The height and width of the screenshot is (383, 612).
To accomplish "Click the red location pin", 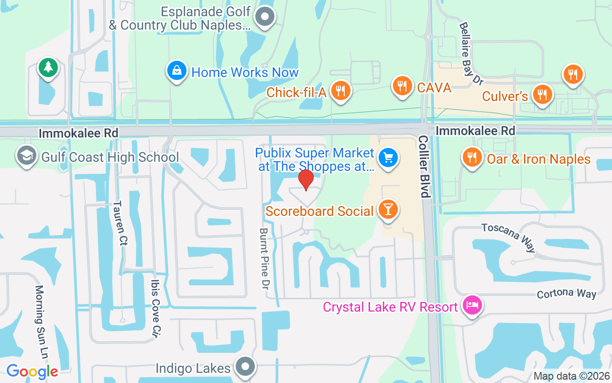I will (306, 180).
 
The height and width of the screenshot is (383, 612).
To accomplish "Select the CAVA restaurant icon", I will (403, 86).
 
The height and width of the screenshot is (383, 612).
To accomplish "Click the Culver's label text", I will (504, 96).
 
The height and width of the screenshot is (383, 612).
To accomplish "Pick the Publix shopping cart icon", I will (388, 158).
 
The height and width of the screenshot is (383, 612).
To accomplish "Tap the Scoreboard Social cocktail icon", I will (388, 209).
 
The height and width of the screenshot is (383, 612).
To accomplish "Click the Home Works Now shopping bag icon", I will (177, 71).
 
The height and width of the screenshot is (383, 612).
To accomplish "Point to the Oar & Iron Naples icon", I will (472, 158).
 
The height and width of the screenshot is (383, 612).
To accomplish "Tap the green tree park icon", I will (48, 68).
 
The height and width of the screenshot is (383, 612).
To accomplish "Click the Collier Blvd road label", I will (424, 166).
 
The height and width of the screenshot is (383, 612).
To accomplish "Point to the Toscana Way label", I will (508, 237).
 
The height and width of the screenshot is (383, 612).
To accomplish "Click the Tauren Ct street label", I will (120, 223).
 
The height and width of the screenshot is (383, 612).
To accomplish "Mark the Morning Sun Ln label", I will (42, 323).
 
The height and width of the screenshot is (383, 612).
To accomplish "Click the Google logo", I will (32, 371).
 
